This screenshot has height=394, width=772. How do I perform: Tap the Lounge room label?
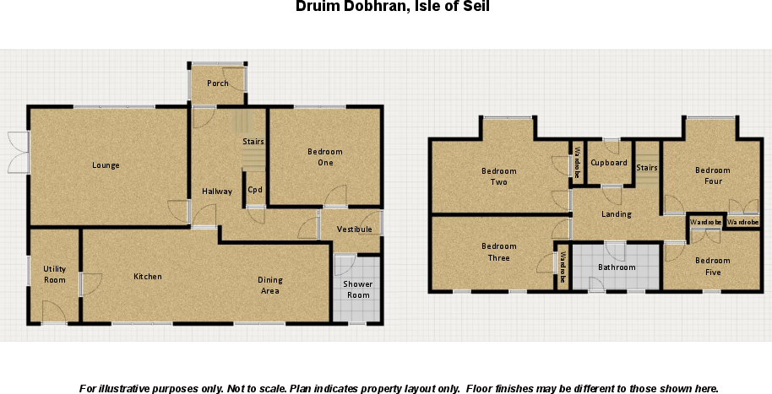(106, 165)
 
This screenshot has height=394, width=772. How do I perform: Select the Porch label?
(218, 84)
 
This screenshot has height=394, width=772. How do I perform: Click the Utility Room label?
(55, 274)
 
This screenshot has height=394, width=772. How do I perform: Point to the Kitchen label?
(148, 277)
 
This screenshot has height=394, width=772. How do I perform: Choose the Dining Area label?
(270, 286)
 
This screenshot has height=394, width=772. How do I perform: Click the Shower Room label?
(358, 289)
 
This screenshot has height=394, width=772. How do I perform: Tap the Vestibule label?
(354, 229)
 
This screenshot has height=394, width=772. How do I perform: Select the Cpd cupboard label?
(254, 190)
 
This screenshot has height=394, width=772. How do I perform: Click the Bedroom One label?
(325, 157)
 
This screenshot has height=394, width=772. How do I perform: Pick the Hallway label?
(217, 192)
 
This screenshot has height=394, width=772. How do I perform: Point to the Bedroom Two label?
(498, 176)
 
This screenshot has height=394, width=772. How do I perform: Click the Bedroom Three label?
(498, 252)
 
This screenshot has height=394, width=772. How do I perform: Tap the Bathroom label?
(617, 267)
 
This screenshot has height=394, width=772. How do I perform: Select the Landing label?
(616, 214)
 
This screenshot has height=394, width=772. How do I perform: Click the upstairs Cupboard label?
(608, 163)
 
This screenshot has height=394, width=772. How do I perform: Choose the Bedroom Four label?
(713, 175)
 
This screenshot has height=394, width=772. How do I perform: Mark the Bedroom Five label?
(713, 267)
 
